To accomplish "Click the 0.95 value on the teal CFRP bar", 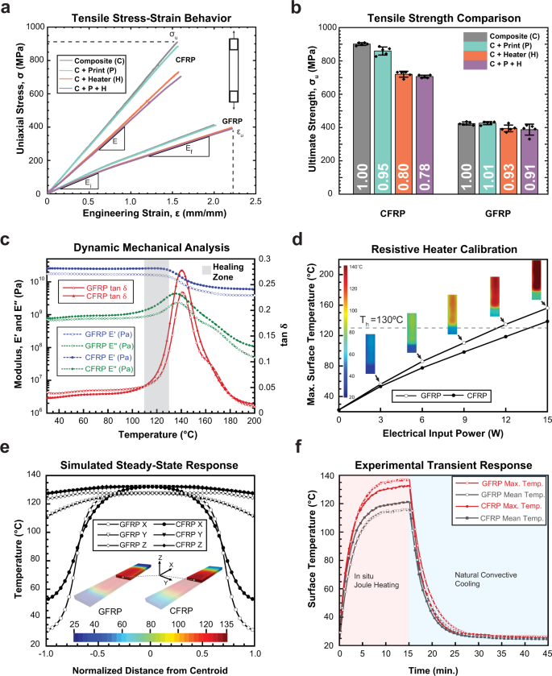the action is [383, 177].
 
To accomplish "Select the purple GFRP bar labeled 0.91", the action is [529, 161].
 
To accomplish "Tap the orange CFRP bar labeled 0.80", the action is [404, 134].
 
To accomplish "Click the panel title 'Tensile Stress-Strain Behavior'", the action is [151, 18].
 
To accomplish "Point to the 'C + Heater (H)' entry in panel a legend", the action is [98, 79].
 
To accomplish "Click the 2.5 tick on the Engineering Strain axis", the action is [255, 201].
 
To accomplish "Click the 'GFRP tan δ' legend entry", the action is [106, 288].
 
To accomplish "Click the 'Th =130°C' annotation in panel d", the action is [381, 320].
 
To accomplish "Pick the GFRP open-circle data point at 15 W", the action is [548, 308].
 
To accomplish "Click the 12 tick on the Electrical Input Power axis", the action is [506, 420].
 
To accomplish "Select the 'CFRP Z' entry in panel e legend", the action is [189, 545].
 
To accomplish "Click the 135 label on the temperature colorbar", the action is [226, 624].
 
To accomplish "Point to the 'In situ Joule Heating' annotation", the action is [376, 581].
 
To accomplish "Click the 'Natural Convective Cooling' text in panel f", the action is [486, 579].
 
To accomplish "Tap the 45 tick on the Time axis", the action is [547, 653].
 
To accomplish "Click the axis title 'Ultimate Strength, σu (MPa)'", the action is [312, 110].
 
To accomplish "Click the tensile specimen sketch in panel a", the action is [234, 70].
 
